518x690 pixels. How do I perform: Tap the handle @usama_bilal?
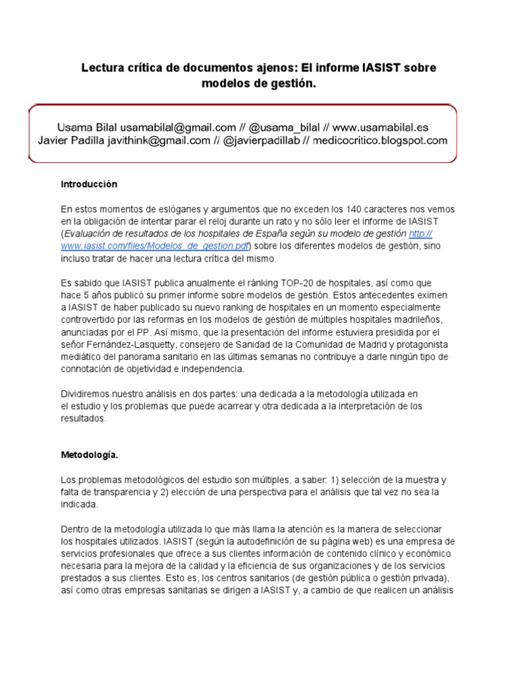point(285,127)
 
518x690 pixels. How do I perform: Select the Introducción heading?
point(89,184)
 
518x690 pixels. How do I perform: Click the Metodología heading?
point(89,456)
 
